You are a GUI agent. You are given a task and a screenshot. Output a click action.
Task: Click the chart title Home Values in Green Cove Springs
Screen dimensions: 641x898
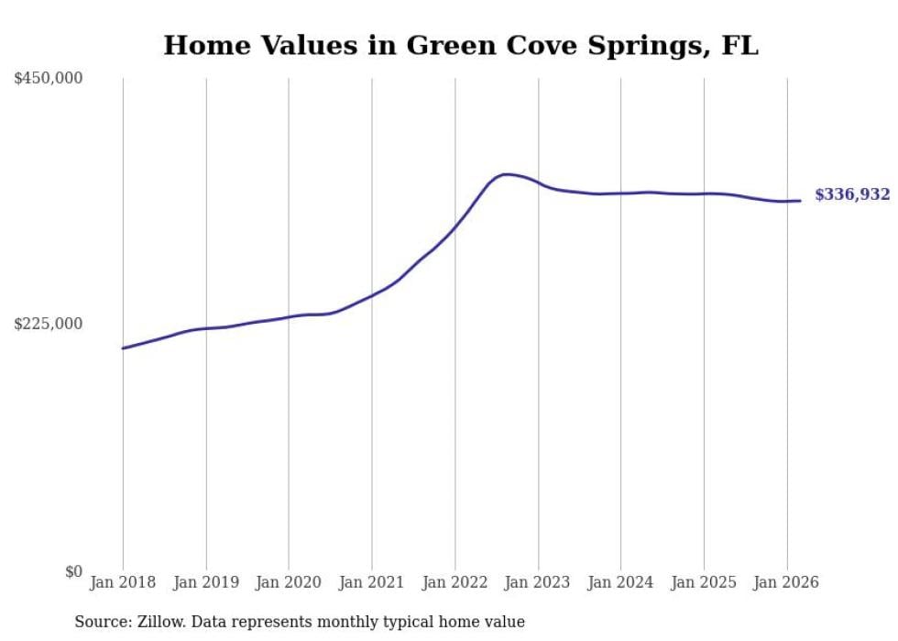461,45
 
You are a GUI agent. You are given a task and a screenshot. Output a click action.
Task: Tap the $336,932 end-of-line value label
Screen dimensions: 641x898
852,194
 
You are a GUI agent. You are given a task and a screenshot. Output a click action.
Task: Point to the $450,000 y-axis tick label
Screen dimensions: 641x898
49,79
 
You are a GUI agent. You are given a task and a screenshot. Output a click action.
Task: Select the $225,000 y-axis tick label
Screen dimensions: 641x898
49,324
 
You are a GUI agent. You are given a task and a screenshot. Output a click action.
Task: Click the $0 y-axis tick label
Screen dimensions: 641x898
73,571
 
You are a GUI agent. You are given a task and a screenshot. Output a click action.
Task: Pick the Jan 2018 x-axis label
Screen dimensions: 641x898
123,582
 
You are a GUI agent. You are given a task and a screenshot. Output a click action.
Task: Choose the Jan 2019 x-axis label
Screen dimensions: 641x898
206,582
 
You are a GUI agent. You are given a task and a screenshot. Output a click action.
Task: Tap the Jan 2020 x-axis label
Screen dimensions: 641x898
289,582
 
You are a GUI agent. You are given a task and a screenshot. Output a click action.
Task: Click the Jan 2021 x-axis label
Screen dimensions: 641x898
372,582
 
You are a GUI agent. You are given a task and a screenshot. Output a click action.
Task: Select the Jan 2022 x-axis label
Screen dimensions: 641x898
454,582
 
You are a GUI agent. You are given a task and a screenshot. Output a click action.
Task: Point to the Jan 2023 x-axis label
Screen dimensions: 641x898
538,582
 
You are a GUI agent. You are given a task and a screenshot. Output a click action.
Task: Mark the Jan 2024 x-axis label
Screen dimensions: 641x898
620,582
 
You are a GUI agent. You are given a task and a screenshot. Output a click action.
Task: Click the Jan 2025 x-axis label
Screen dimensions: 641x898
704,582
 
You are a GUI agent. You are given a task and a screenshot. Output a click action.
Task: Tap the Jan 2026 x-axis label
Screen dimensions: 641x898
786,582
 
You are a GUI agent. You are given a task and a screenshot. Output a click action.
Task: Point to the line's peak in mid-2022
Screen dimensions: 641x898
506,174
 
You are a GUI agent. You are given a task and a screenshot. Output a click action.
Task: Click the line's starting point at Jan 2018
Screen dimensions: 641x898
123,348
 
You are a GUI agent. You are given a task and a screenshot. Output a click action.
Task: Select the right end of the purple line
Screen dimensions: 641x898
801,201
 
